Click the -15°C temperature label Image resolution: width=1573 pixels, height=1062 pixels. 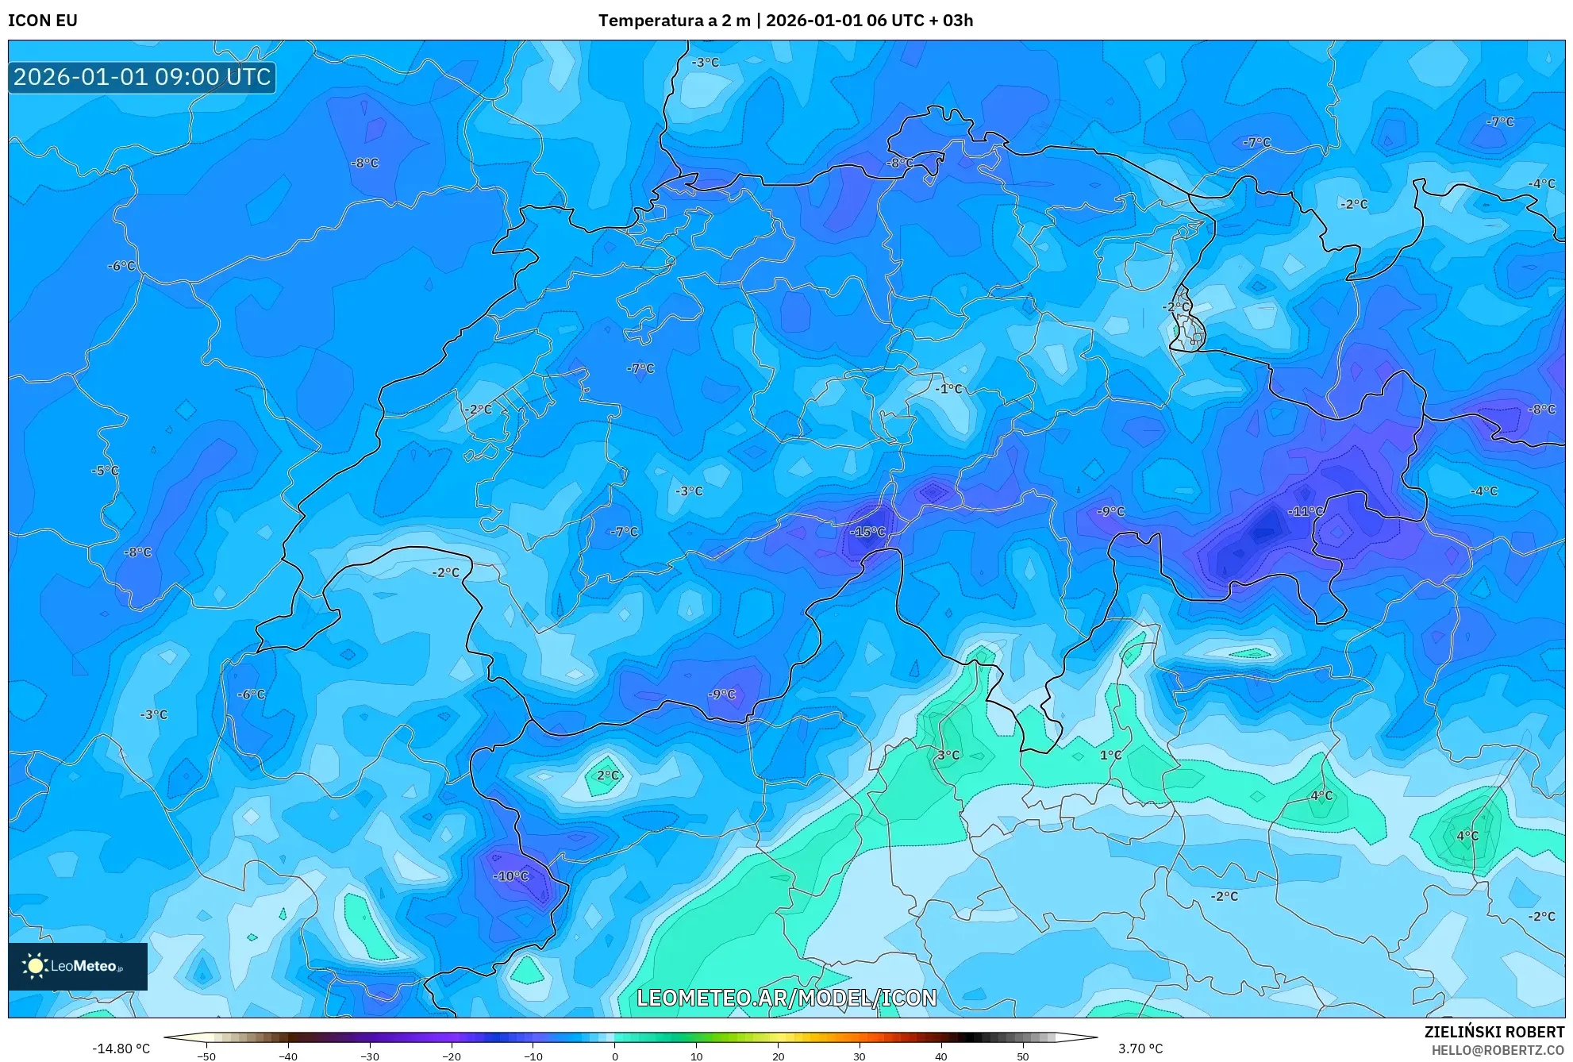(867, 532)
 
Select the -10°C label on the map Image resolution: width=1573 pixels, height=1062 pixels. (511, 876)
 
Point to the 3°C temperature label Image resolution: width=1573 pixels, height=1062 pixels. (948, 756)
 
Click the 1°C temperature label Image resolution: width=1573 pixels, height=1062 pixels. (1110, 756)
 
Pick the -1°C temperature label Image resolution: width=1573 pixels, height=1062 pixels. (948, 389)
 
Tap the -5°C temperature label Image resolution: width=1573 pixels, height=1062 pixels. (105, 471)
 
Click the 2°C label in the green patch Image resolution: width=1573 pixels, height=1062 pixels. (607, 775)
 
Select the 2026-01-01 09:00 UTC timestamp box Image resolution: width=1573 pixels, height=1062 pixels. (142, 77)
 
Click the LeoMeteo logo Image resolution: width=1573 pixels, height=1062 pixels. (78, 966)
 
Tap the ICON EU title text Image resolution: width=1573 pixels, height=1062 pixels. (43, 21)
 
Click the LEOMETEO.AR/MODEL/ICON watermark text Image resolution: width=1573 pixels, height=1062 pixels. (786, 998)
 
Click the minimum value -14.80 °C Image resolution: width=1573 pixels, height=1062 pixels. (121, 1049)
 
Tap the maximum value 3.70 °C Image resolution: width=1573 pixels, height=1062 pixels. (1140, 1049)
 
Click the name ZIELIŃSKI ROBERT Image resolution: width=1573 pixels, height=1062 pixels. (1494, 1032)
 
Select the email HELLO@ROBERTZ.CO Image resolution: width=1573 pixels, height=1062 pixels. (1497, 1050)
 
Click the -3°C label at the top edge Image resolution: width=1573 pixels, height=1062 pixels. (705, 63)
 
